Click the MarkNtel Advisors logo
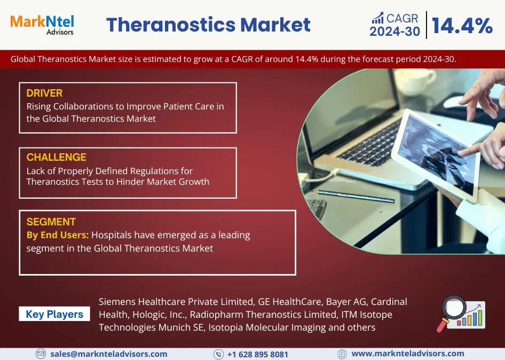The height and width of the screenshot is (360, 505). point(42,25)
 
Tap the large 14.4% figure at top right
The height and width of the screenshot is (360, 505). point(462,26)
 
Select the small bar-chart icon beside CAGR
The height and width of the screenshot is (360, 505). point(378,18)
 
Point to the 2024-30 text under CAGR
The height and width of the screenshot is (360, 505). point(394,32)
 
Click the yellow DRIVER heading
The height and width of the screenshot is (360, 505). point(44,93)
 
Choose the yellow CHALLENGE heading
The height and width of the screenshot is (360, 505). point(57,157)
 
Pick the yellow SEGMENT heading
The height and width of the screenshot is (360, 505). point(51,222)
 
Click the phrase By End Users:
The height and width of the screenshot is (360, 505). point(58,235)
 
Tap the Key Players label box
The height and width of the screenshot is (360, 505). point(54,314)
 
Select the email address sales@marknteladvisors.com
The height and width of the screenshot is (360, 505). point(109,354)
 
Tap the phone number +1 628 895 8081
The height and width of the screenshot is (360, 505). point(258,355)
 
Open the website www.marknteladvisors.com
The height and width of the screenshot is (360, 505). point(408,354)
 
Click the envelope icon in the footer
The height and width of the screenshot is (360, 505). point(41,354)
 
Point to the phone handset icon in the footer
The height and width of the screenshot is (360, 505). point(218,355)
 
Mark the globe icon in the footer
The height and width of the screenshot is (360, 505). point(342,354)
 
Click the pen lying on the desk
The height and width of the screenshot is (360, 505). point(356,196)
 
